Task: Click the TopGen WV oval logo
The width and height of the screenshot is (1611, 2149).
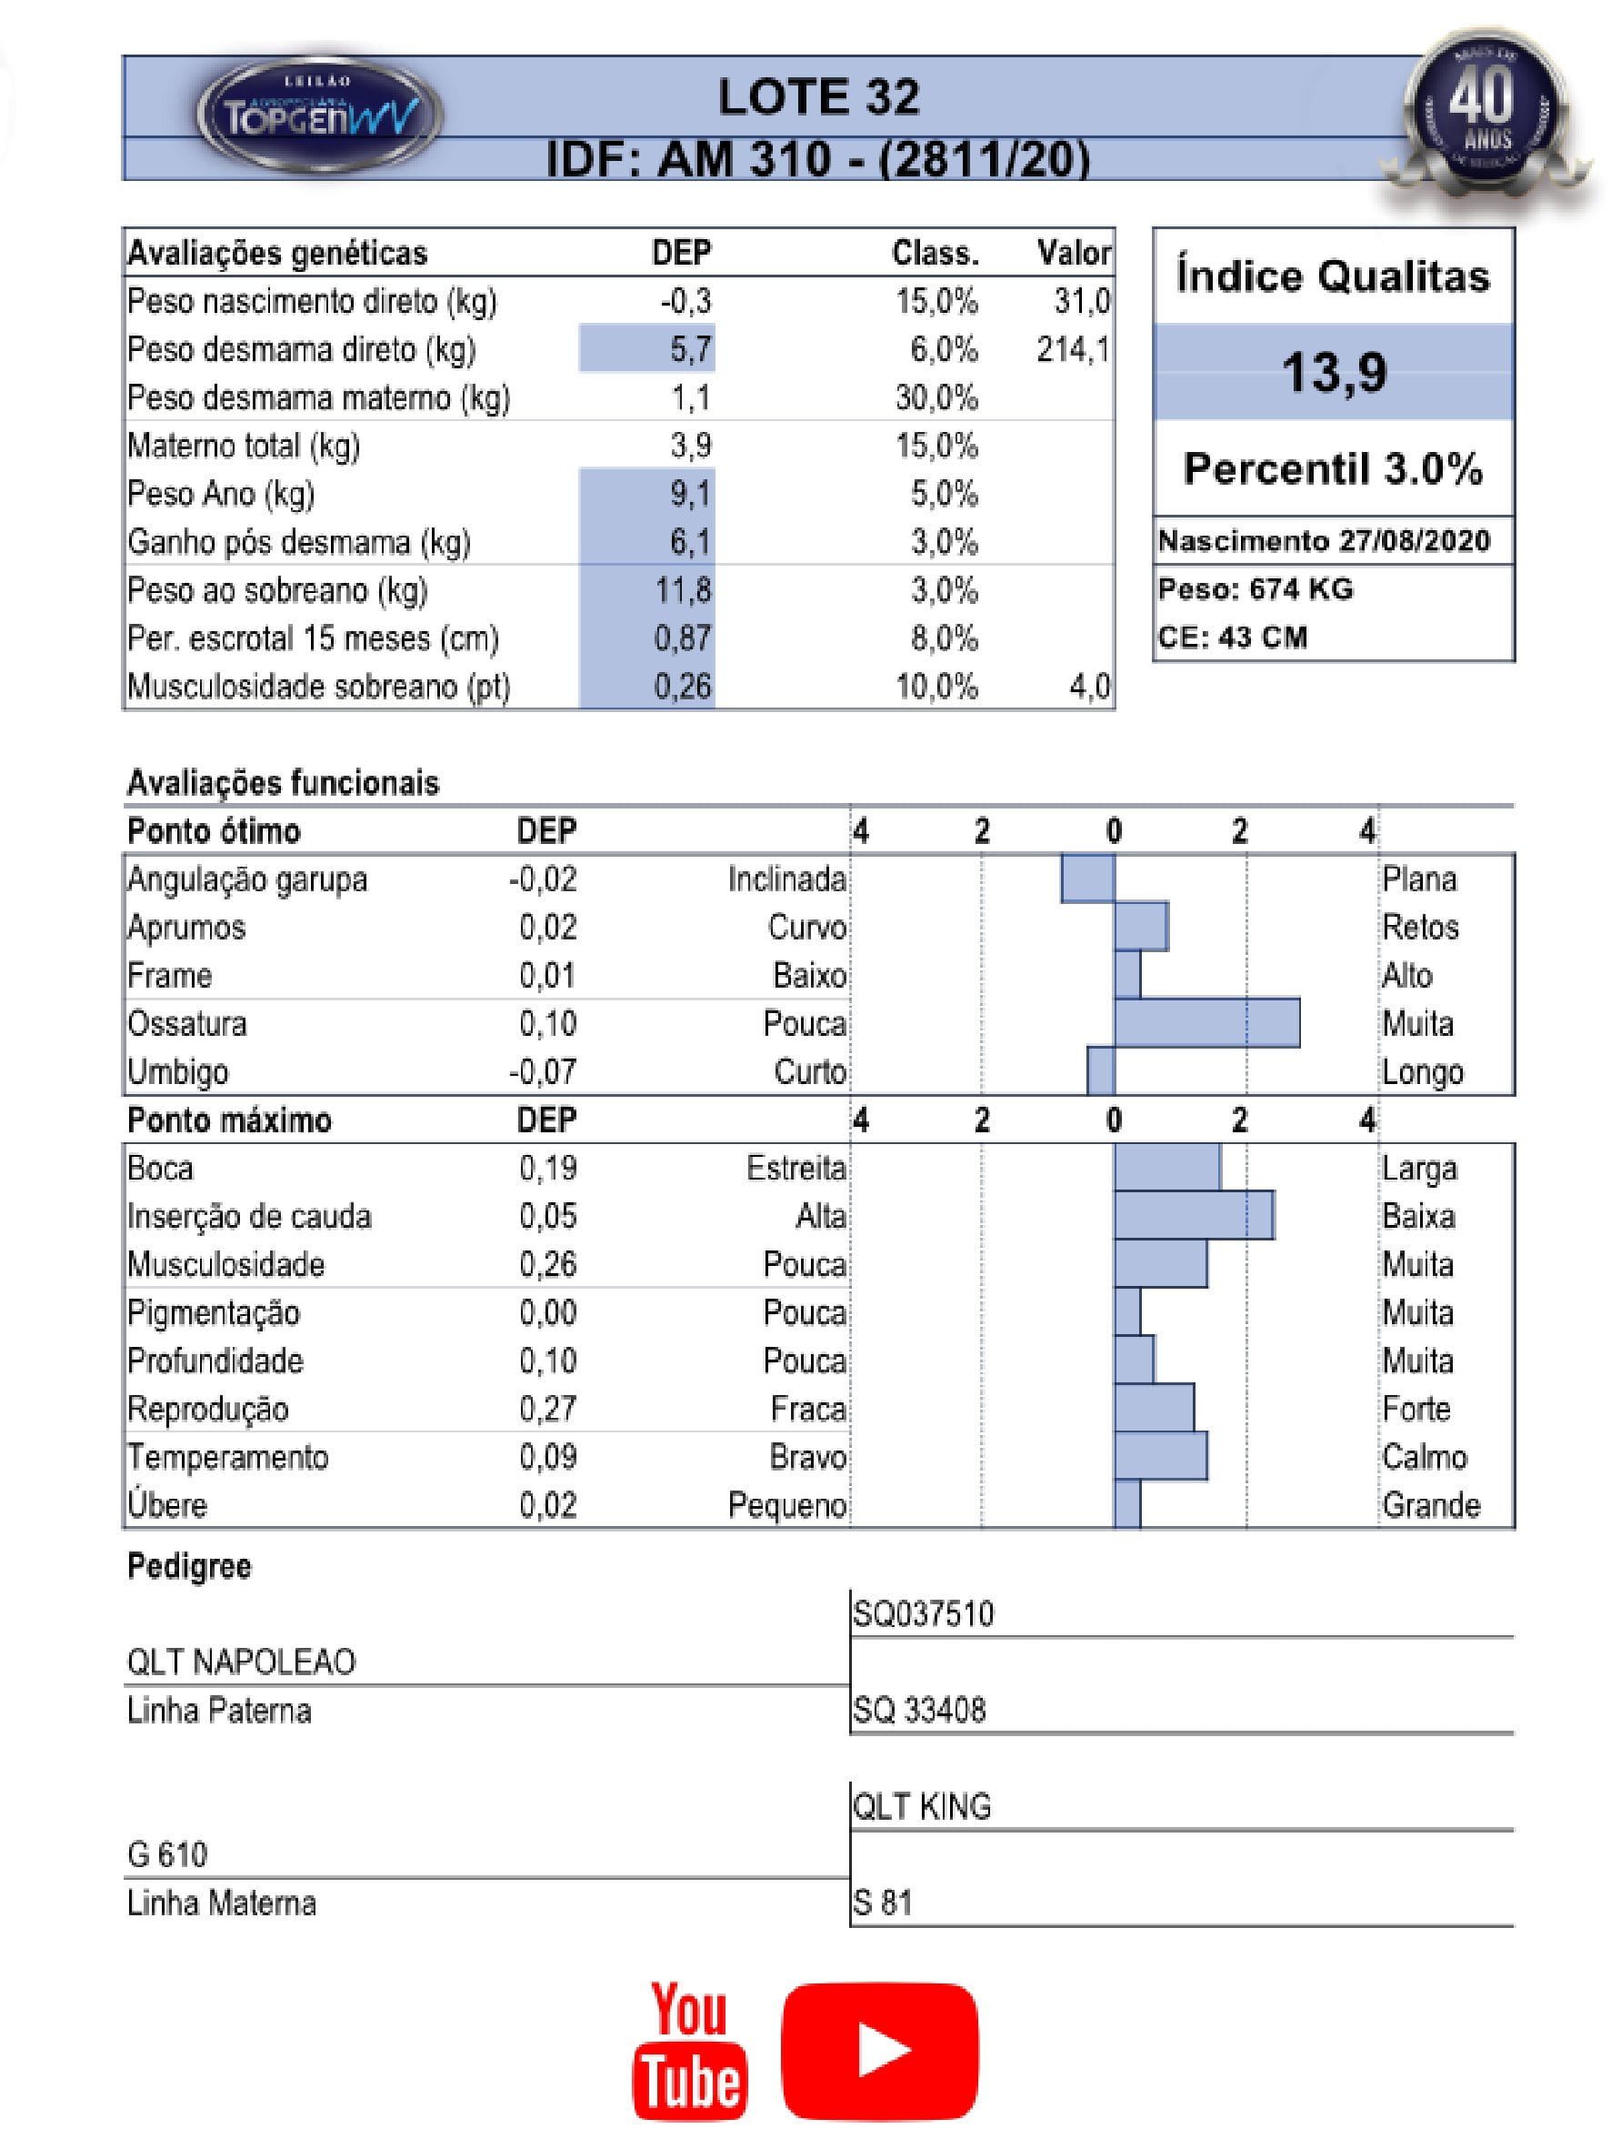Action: pyautogui.click(x=319, y=115)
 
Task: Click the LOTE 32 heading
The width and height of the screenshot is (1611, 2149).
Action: pyautogui.click(x=817, y=98)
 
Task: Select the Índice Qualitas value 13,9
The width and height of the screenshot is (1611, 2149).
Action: pyautogui.click(x=1334, y=372)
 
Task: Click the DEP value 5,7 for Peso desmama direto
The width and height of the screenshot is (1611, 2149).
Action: pyautogui.click(x=689, y=350)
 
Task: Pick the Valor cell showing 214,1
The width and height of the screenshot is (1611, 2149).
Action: pyautogui.click(x=1072, y=350)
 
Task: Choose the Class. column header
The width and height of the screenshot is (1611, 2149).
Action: pyautogui.click(x=935, y=254)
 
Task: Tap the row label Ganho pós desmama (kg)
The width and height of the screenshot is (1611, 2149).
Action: pyautogui.click(x=298, y=542)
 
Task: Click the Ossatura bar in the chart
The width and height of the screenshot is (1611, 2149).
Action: pyautogui.click(x=1206, y=1023)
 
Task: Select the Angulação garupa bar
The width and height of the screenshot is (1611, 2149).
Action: pyautogui.click(x=1086, y=879)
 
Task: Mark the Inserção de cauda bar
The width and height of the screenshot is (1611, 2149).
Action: pyautogui.click(x=1193, y=1215)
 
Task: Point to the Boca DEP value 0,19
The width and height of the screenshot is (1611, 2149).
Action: pyautogui.click(x=547, y=1168)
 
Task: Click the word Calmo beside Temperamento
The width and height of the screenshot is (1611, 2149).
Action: pyautogui.click(x=1425, y=1456)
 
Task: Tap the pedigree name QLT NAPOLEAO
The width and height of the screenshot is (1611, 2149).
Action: pyautogui.click(x=241, y=1662)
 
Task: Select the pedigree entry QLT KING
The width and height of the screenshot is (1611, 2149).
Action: pyautogui.click(x=922, y=1807)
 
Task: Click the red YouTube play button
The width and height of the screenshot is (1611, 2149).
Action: pyautogui.click(x=879, y=2050)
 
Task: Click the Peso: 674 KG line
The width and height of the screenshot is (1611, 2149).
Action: pyautogui.click(x=1255, y=589)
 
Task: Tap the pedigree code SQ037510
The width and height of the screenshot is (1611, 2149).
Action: pyautogui.click(x=923, y=1614)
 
